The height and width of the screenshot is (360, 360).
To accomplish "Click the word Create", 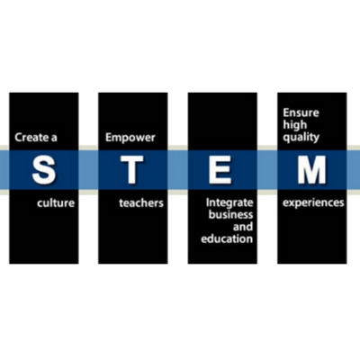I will [x=31, y=139].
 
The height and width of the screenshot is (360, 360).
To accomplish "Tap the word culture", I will [x=56, y=203].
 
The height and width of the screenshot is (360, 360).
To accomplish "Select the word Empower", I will [x=130, y=139].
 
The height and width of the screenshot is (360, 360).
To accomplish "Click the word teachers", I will [x=141, y=203].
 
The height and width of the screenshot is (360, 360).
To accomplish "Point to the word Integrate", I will [x=229, y=203].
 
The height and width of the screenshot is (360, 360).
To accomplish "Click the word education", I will [x=229, y=240].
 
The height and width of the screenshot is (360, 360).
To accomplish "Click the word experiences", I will [x=313, y=203].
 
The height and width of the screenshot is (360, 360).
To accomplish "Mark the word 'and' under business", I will [x=228, y=228].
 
